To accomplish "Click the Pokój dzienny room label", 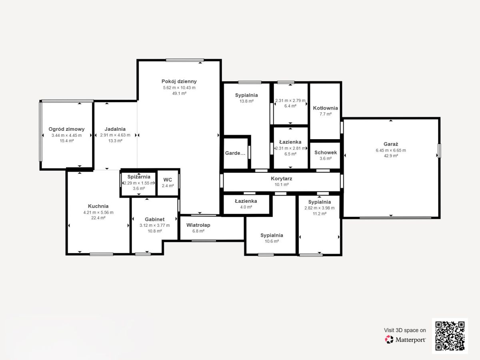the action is pos(179,81).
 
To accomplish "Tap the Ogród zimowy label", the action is pos(66,129).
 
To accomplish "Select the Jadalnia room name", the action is pos(115,129).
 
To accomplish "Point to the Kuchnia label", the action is pos(98,206).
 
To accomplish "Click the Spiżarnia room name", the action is pos(139,177).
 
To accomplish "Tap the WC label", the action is pos(168,180).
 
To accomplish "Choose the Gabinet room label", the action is pos(155,219).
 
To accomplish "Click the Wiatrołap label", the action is pos(198,225).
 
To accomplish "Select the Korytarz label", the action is pos(282,178).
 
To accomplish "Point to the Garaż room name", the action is pos(391,144).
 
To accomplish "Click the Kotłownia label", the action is pos(325,108).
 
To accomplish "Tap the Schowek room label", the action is pos(326,152).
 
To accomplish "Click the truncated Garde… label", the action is pos(235,153).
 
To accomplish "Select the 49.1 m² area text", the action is pos(179,93).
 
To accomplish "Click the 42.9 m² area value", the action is pos(391,156).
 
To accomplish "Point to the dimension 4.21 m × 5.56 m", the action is pos(98,212).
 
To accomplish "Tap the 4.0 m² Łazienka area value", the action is pos(246,207).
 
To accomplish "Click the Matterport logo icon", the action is pos(389,340).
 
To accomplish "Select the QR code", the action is pos(450,336).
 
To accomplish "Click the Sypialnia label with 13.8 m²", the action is pos(246,95).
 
